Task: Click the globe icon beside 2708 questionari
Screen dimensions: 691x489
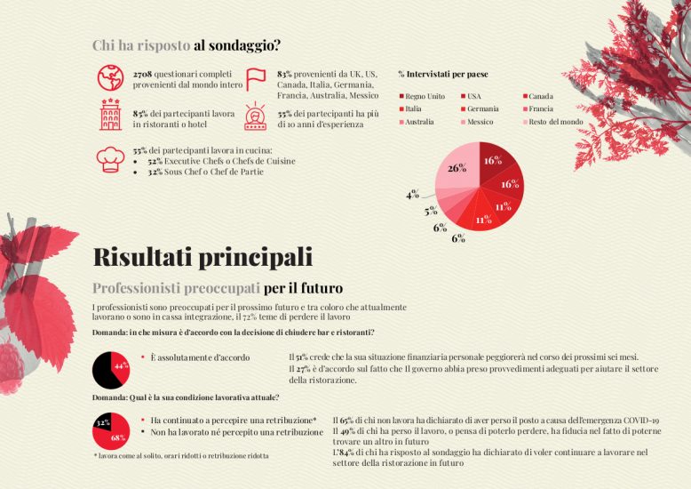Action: (x=110, y=77)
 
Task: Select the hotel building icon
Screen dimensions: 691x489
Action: (x=110, y=116)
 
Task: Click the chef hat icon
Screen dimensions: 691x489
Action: (x=110, y=157)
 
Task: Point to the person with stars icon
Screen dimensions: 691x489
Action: (x=256, y=116)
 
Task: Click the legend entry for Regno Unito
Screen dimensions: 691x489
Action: (x=423, y=96)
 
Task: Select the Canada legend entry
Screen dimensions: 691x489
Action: (x=538, y=96)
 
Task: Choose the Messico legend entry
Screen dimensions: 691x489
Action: (x=478, y=122)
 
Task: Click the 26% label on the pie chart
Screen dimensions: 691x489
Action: (x=457, y=168)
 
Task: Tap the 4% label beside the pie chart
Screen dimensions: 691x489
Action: (x=412, y=195)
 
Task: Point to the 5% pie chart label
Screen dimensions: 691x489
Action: (x=431, y=212)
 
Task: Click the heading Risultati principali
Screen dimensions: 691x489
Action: (x=203, y=258)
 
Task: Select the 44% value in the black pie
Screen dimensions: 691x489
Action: (x=122, y=365)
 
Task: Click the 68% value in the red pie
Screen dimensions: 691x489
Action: (x=118, y=437)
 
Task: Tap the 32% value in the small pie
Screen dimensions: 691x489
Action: (x=102, y=422)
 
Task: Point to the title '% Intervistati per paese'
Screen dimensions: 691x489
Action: (x=443, y=75)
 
